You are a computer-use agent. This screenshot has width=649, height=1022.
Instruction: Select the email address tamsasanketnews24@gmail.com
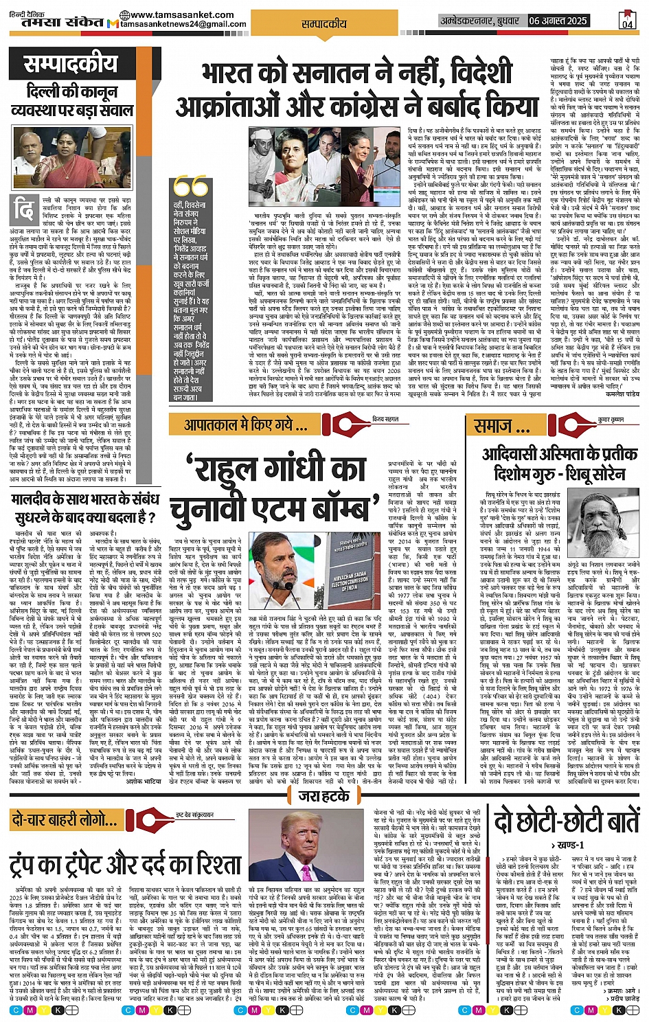(183, 24)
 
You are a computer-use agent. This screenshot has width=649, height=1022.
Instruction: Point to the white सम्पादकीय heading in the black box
(71, 65)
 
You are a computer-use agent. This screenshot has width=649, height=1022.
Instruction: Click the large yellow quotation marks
(190, 186)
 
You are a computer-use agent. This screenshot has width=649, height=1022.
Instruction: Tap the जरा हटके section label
(323, 796)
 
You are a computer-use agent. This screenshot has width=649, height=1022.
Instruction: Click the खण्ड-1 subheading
(567, 845)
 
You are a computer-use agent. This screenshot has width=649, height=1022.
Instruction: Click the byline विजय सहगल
(385, 419)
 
